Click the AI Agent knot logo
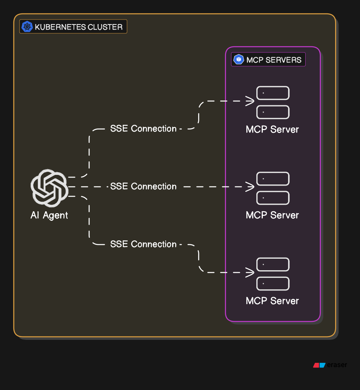49,188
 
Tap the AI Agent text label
49,215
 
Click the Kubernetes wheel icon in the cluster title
27,27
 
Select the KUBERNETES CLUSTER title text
79,27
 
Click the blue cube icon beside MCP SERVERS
239,60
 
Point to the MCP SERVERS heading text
274,60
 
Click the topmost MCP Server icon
272,103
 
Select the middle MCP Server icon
272,188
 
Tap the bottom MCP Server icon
272,274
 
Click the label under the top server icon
272,129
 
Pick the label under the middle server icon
272,215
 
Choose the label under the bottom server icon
272,301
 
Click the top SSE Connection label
143,129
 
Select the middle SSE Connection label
143,187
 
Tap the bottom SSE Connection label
143,244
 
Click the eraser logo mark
319,365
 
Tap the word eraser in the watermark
337,365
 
